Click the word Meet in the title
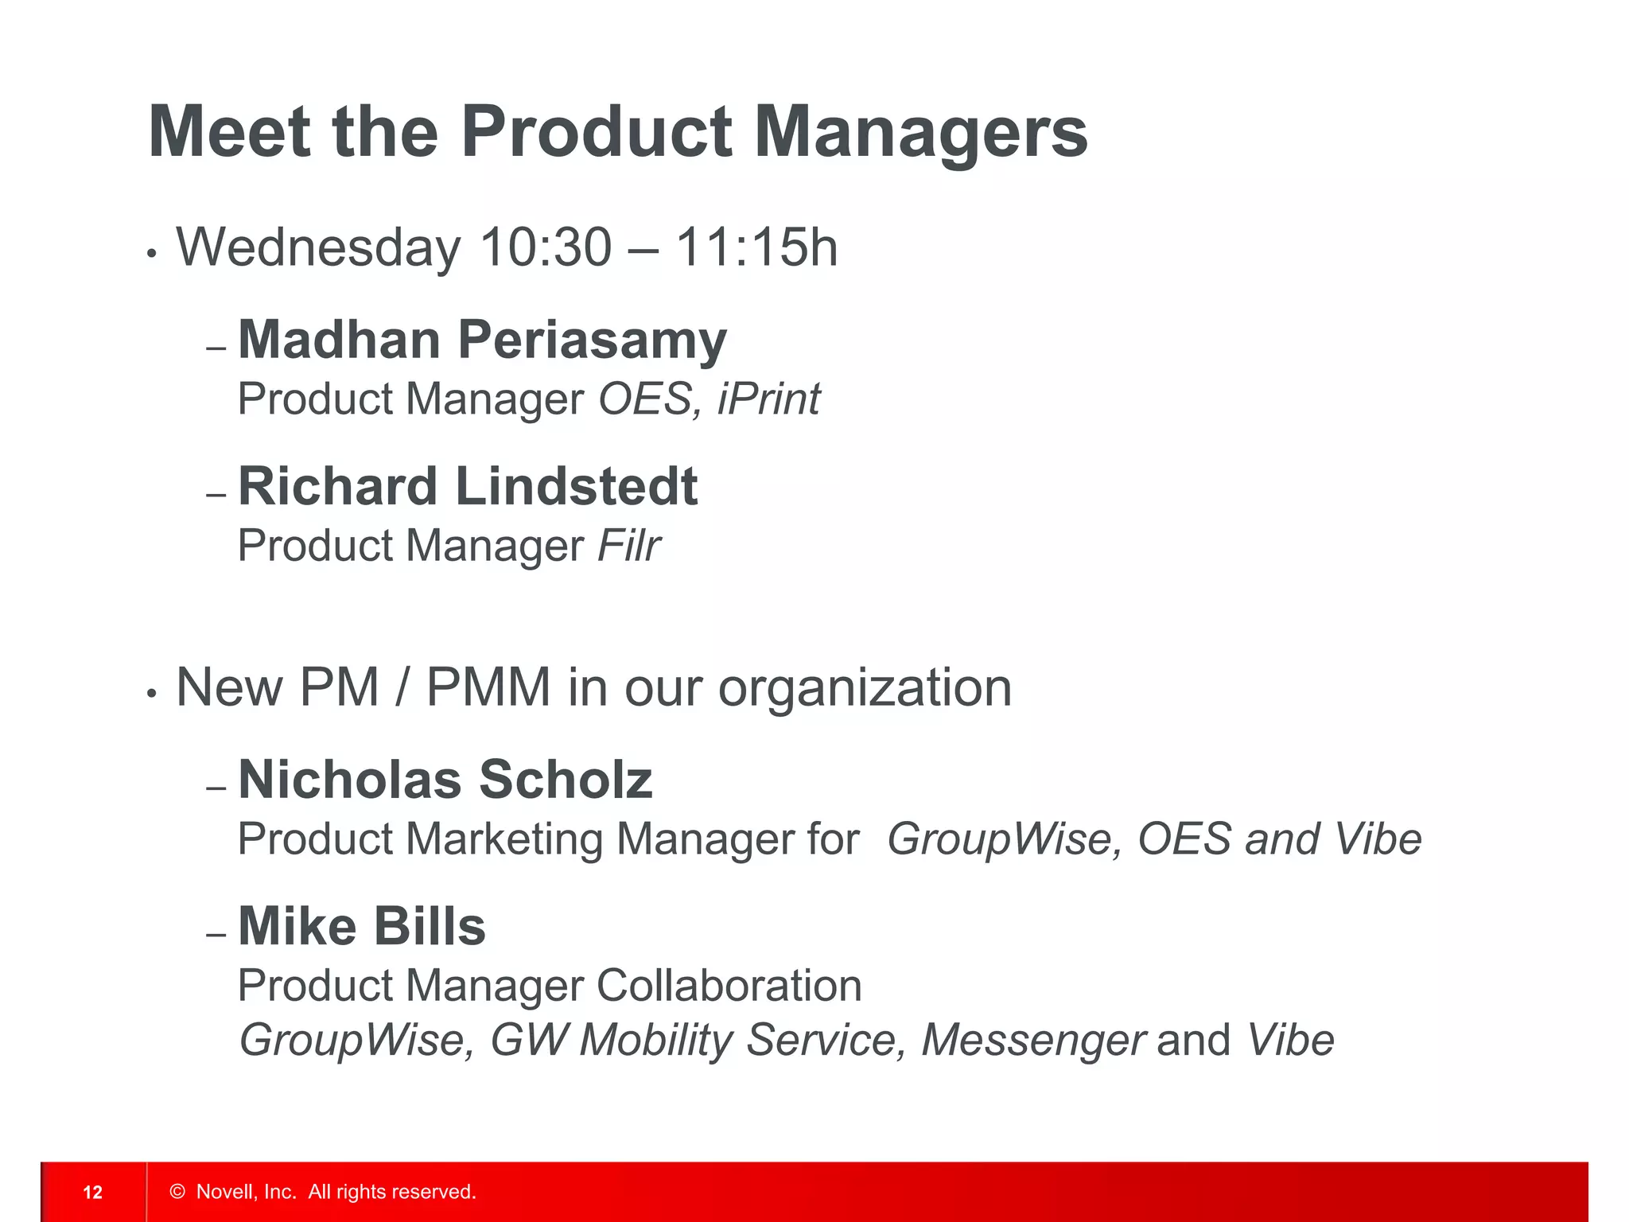229,132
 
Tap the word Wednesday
318,247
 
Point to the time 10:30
546,247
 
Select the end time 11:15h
756,247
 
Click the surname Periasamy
592,341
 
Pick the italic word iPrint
768,399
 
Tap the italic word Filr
628,546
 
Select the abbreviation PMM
488,687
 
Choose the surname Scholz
566,780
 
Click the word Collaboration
729,987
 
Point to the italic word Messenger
1033,1041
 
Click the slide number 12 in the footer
93,1192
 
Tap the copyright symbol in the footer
177,1192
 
